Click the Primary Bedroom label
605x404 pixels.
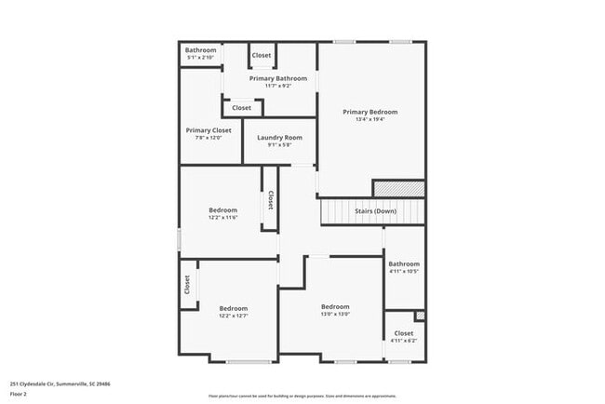click(370, 112)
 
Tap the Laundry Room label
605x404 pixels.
click(279, 137)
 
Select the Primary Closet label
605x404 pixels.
click(208, 130)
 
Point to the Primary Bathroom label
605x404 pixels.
click(277, 78)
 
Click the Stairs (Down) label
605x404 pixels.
click(375, 211)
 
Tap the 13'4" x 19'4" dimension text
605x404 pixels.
click(370, 119)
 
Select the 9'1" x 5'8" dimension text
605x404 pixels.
click(279, 144)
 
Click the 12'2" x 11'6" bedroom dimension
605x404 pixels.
click(223, 217)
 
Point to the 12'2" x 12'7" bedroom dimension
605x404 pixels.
click(234, 316)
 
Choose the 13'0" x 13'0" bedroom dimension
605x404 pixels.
click(335, 314)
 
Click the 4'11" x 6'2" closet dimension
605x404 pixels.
click(404, 340)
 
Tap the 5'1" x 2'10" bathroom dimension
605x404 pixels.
click(200, 57)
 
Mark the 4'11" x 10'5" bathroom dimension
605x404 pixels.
click(404, 271)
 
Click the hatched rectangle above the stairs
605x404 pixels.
click(398, 188)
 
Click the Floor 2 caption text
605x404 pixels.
click(19, 391)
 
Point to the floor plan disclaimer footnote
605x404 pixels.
click(302, 396)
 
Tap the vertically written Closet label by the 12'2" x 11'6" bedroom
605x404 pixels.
click(271, 200)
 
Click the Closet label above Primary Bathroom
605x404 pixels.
click(262, 55)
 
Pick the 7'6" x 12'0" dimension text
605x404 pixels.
click(208, 138)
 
